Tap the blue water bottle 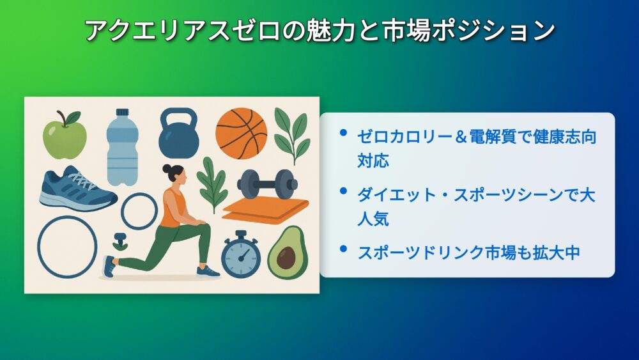coord(122,147)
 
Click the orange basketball coord(242,133)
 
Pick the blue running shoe coord(78,189)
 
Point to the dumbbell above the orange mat coord(267,184)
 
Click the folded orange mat coord(266,210)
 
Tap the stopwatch coord(241,254)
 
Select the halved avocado coord(288,253)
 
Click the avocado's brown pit coord(286,258)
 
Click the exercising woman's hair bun coord(167,168)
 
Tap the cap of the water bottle coord(122,113)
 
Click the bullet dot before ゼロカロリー coord(343,132)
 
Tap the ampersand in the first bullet coord(461,137)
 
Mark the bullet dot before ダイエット coord(343,191)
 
